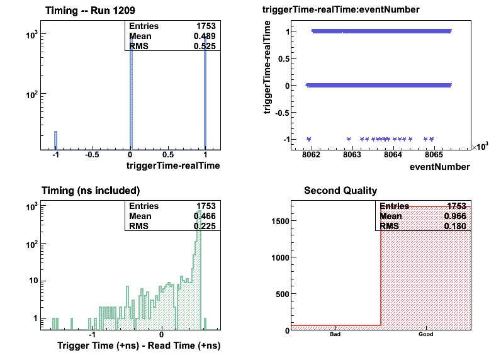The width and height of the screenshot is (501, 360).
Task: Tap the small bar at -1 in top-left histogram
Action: (55, 140)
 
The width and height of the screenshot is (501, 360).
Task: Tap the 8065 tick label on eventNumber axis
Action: (434, 155)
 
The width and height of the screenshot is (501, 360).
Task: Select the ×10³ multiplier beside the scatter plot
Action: (480, 146)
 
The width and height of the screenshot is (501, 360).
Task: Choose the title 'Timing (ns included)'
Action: (91, 190)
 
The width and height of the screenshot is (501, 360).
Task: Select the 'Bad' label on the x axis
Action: (335, 335)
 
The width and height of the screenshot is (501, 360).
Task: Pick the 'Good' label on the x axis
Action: (425, 335)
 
